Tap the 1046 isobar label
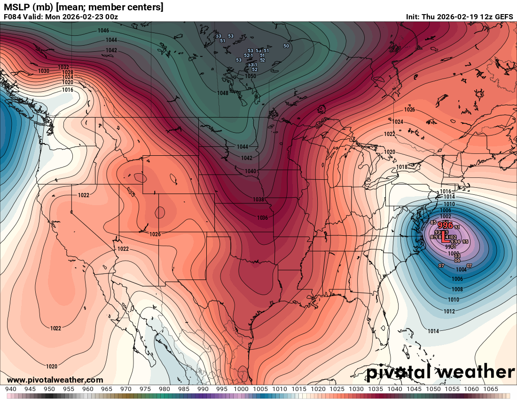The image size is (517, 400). [x=103, y=31]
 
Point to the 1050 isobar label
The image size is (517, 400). [x=251, y=76]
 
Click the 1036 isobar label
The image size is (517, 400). [x=262, y=217]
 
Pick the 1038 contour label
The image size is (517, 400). [x=258, y=200]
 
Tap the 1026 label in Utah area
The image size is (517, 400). [x=155, y=234]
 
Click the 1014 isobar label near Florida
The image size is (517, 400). [x=433, y=331]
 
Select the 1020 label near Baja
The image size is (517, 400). [x=52, y=366]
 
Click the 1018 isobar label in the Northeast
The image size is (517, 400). [x=401, y=167]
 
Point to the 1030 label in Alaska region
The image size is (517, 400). [x=44, y=71]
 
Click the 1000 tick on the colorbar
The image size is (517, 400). [x=241, y=389]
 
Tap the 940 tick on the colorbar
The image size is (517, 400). [x=11, y=389]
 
